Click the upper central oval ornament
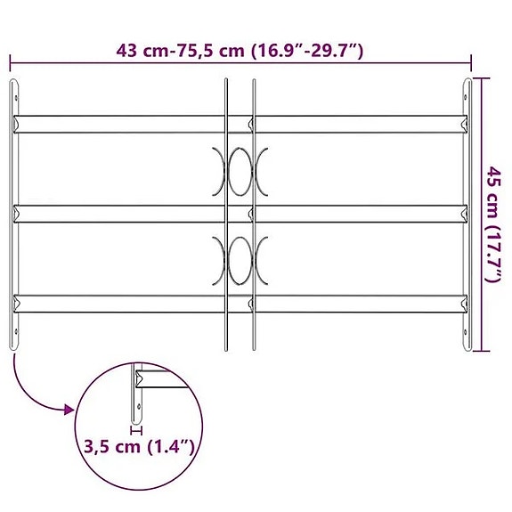click(x=240, y=171)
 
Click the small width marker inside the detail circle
click(x=135, y=428)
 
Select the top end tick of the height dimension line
click(x=481, y=79)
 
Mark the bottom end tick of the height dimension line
click(x=481, y=350)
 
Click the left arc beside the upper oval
click(x=220, y=171)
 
